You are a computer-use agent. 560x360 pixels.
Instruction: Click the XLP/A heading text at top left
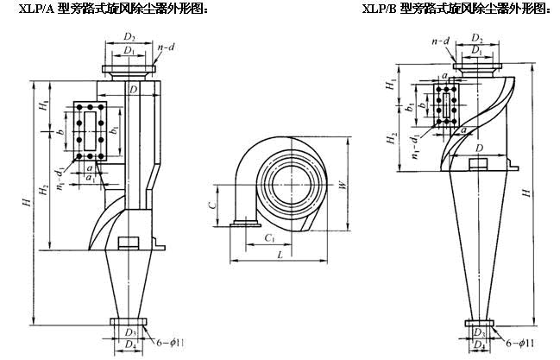click(x=102, y=9)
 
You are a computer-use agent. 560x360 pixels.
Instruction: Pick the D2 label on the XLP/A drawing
click(x=129, y=38)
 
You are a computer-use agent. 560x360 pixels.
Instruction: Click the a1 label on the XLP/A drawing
click(x=90, y=177)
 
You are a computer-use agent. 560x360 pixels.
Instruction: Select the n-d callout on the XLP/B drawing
click(x=440, y=41)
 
